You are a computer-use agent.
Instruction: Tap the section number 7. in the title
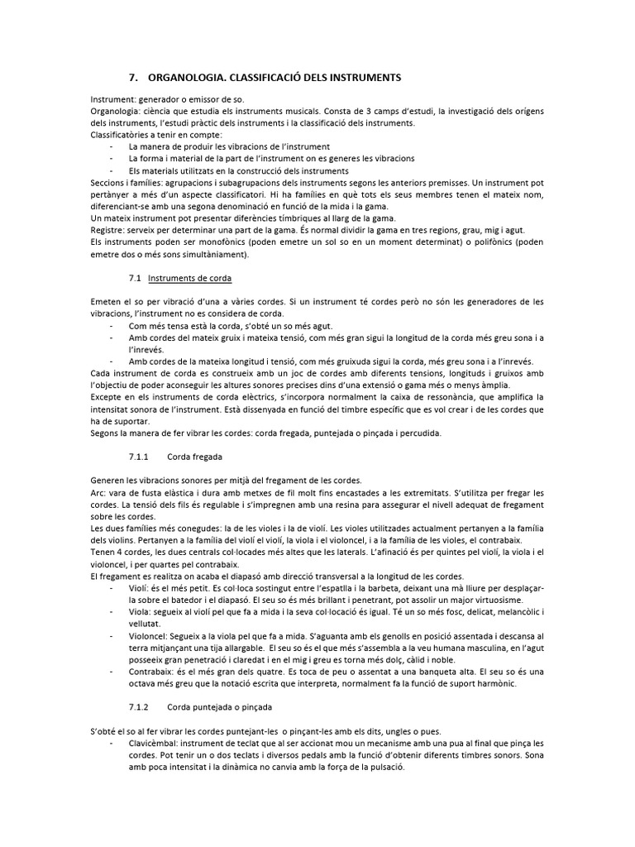pos(134,77)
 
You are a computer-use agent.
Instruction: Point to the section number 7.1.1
pos(138,457)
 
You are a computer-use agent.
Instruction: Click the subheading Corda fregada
pos(194,457)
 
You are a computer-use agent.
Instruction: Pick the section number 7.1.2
pos(138,708)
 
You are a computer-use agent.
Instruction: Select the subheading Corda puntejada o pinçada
pos(220,708)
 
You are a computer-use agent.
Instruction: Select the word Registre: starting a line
pos(109,230)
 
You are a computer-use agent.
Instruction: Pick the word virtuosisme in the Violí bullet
pos(492,598)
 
